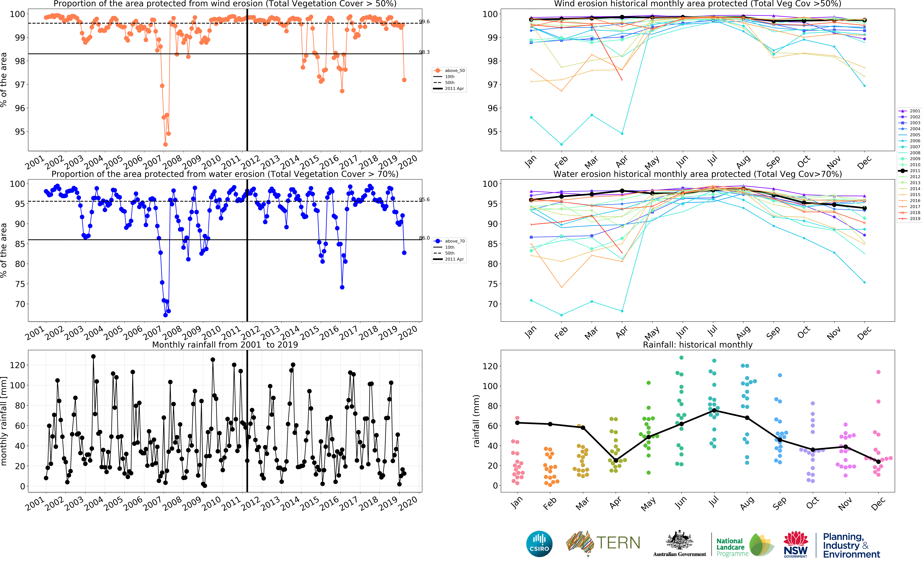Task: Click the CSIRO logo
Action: (539, 544)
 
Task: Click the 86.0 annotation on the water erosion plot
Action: (424, 238)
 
